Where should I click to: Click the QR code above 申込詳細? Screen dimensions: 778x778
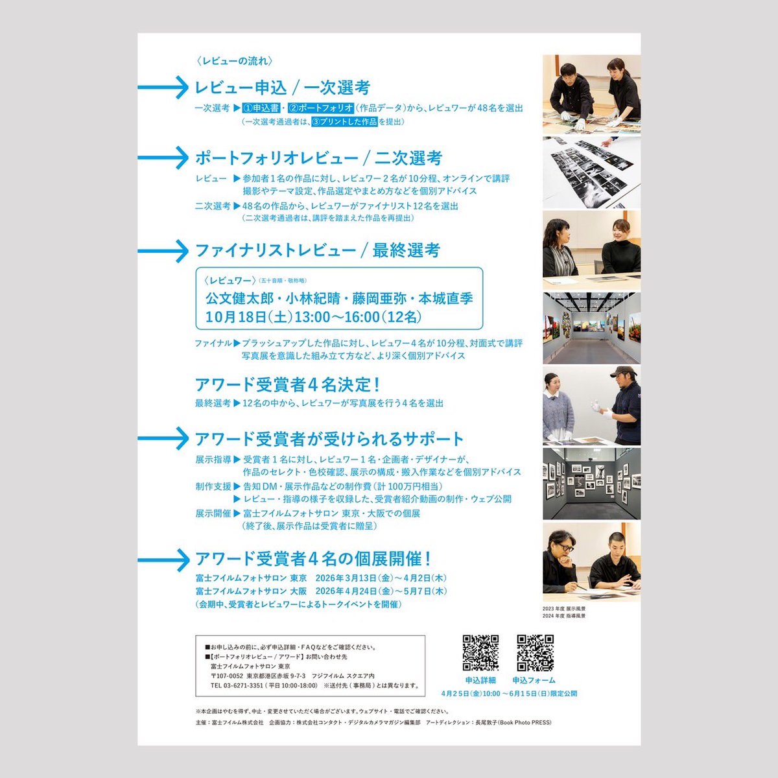(x=480, y=653)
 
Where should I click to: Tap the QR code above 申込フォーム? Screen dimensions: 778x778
(x=535, y=653)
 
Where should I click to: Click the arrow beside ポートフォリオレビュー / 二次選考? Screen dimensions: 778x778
(x=163, y=158)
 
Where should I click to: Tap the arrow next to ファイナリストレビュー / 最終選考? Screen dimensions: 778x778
(x=163, y=250)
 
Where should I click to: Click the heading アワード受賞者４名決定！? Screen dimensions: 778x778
(x=287, y=384)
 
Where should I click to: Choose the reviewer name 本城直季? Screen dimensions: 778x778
(x=445, y=299)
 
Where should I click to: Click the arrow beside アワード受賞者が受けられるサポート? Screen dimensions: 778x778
(x=163, y=439)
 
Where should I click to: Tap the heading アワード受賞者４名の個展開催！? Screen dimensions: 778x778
(x=313, y=559)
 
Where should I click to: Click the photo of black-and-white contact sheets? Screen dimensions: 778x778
(x=591, y=172)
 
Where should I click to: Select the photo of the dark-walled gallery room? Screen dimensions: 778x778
(x=591, y=484)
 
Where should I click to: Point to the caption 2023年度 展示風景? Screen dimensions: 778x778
(x=564, y=609)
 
